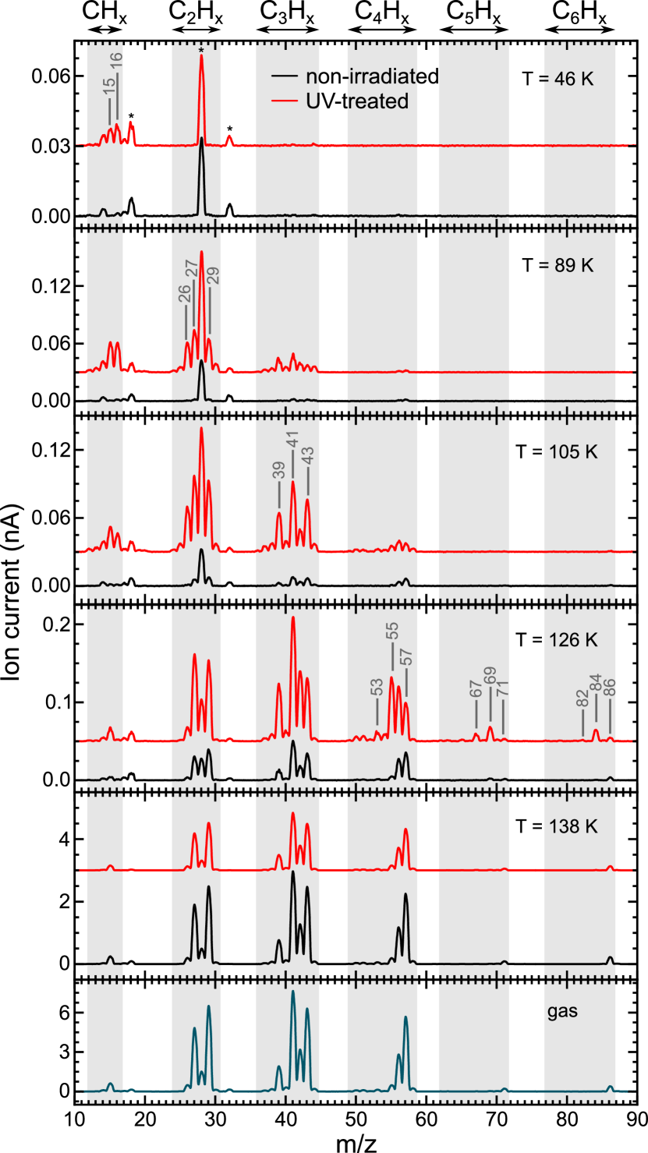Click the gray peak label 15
coord(108,87)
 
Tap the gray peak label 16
coord(117,64)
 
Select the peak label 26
coord(185,295)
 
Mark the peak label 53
coord(377,688)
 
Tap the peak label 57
coord(405,657)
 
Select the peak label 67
coord(476,691)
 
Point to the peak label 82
coord(582,699)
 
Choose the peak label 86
coord(610,688)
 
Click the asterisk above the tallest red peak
coord(201,51)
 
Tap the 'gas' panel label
coord(561,1013)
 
